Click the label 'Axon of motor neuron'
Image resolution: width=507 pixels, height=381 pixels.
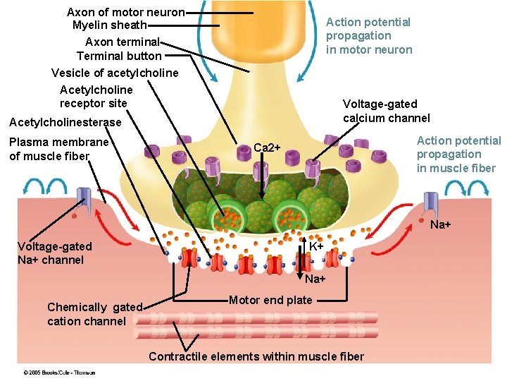125,13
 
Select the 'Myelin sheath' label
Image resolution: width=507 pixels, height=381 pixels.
109,26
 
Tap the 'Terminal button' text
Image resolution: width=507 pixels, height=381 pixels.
119,56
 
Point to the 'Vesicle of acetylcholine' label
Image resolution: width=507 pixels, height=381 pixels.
115,73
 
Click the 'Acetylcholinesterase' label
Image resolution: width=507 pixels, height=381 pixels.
65,123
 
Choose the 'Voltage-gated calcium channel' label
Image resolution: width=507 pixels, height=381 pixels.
386,111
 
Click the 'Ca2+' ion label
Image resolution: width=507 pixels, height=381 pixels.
267,147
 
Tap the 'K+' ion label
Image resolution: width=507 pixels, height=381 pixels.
317,246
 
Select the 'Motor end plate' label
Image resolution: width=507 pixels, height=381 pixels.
270,301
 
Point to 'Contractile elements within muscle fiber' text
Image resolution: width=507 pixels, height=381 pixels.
256,356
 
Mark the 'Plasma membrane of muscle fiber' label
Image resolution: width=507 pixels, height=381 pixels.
59,149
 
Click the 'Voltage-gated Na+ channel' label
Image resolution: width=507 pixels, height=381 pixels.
55,253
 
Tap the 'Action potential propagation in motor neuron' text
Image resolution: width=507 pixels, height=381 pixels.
369,36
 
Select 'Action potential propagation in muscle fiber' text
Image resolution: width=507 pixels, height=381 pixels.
458,155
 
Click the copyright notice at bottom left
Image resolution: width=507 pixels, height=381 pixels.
59,372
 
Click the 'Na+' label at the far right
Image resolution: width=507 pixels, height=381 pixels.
440,225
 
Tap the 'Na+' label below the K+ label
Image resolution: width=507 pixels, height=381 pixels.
315,279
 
